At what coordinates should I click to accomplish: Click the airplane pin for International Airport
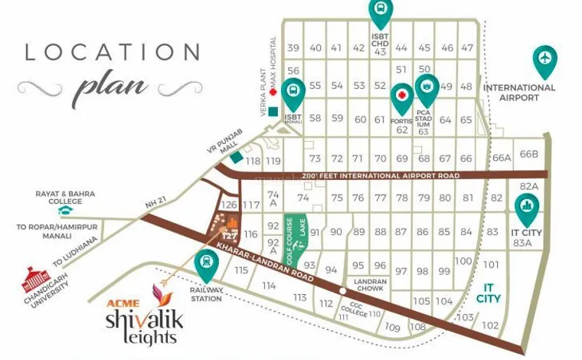tap(544, 61)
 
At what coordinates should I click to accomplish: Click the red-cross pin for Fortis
tap(401, 98)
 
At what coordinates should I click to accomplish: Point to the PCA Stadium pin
tap(427, 90)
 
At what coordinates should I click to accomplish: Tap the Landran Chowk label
tap(370, 283)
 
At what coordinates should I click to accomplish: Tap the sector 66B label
tap(529, 154)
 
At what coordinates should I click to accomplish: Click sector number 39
tap(293, 48)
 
